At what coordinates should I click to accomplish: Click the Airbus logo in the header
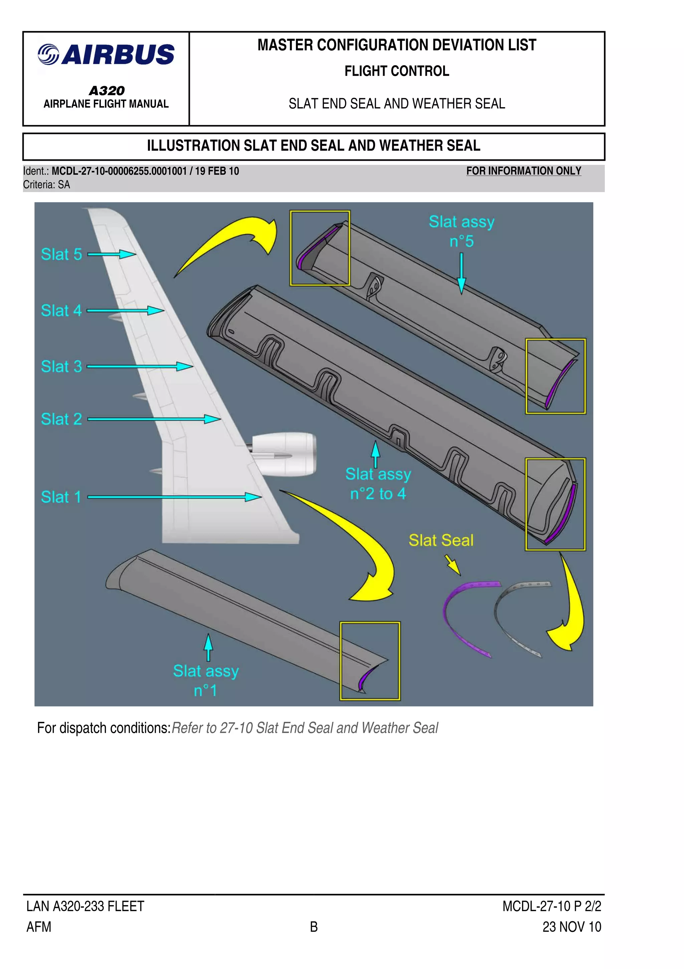click(x=106, y=55)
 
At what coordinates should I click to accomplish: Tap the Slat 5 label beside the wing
click(x=61, y=255)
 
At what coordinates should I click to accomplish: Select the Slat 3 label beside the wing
click(x=61, y=366)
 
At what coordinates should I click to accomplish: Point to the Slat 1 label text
click(x=61, y=497)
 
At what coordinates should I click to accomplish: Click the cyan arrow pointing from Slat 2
click(x=154, y=419)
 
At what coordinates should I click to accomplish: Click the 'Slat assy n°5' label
click(x=461, y=231)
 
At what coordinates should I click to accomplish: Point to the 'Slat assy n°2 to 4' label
click(x=378, y=484)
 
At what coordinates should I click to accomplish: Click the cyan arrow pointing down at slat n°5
click(x=462, y=273)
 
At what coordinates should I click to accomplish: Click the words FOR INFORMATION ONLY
click(x=523, y=171)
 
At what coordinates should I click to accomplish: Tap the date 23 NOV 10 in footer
click(x=571, y=927)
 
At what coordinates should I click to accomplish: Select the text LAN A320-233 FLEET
click(x=85, y=906)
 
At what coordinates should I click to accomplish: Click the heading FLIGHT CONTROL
click(x=397, y=71)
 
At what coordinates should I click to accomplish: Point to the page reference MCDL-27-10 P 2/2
click(x=551, y=906)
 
